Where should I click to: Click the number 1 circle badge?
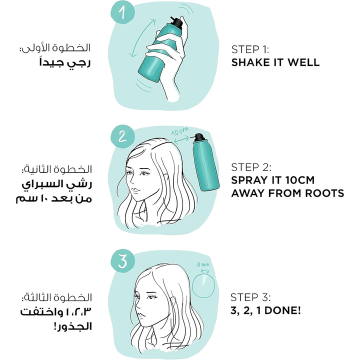[x=122, y=11]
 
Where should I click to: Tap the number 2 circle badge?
[x=122, y=137]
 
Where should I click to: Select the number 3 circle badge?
[x=122, y=261]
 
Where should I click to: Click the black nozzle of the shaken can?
[x=176, y=22]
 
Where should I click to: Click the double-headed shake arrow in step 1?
[x=142, y=38]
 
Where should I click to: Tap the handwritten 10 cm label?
[x=180, y=131]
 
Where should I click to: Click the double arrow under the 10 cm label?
[x=182, y=139]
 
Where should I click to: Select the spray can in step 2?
[x=205, y=162]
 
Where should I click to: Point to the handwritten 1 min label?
[x=203, y=264]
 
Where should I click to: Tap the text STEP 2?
[x=251, y=167]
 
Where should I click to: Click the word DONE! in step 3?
[x=283, y=310]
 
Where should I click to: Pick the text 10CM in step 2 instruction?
[x=300, y=180]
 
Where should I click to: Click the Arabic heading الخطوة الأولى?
[x=55, y=47]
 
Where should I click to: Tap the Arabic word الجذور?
[x=73, y=326]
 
